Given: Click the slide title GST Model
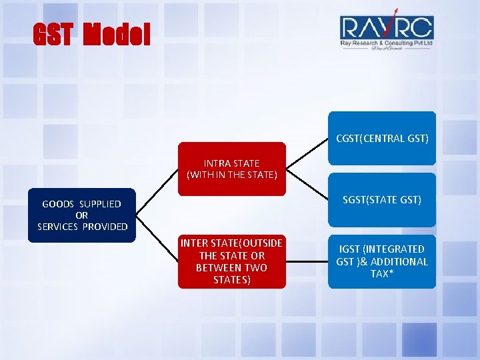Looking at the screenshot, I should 92,35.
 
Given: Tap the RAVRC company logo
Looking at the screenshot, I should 387,31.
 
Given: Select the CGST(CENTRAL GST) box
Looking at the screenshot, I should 382,138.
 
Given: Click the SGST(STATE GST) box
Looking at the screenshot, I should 382,199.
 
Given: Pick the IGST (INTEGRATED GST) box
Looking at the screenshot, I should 382,261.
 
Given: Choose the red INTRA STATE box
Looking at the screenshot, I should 232,169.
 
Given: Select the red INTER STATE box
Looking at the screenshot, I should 231,261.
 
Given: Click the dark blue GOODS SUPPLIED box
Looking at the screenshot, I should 82,215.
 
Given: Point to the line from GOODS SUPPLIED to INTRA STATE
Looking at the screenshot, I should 157,192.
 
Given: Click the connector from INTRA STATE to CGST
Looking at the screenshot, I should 307,153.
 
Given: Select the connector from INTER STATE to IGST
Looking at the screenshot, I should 307,261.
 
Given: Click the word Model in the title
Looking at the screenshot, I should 117,35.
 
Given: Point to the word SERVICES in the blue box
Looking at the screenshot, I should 58,227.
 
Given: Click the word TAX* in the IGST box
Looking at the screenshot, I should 382,274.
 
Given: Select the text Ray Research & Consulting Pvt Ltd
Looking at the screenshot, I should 387,43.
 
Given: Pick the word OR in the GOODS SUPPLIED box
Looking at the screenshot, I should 82,215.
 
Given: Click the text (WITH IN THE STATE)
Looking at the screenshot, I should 232,175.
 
